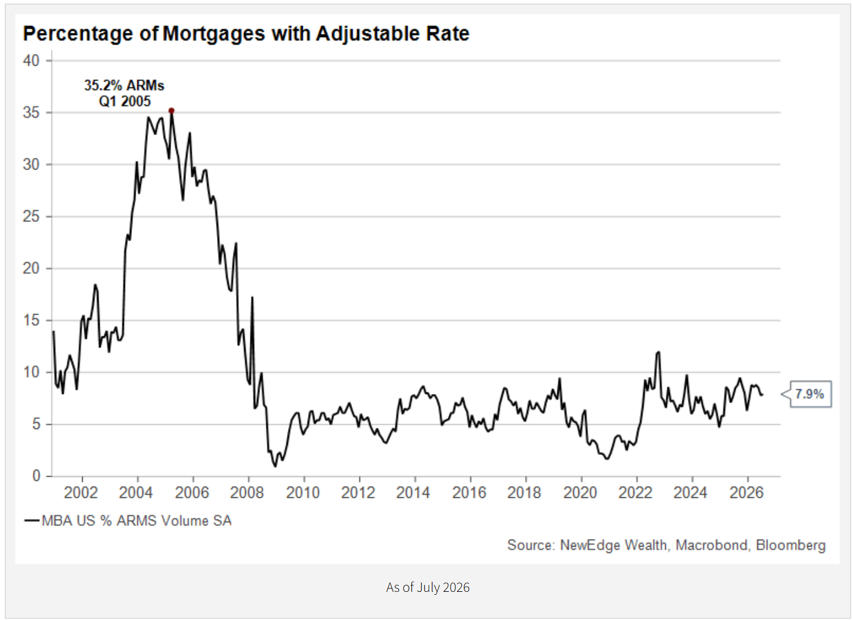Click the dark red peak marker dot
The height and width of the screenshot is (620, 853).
click(171, 111)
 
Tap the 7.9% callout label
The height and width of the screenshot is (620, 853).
click(810, 394)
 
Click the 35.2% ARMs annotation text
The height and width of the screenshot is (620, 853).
click(124, 85)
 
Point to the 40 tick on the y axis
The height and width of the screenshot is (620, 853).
click(31, 60)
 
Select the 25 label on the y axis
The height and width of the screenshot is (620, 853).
click(31, 217)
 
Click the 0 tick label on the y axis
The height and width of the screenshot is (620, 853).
click(36, 476)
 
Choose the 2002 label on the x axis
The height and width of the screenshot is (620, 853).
click(81, 493)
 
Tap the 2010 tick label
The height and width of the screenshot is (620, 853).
click(303, 493)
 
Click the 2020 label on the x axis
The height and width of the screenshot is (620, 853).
click(580, 493)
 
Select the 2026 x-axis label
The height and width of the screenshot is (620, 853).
click(746, 493)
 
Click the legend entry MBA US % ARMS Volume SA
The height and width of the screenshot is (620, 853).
click(128, 521)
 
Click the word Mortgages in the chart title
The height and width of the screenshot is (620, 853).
click(214, 34)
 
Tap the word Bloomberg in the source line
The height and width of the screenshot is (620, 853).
click(791, 545)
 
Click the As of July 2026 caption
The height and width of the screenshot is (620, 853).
click(428, 587)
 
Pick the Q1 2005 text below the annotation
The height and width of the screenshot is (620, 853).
click(124, 102)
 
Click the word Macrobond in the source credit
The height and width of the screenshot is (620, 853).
click(711, 545)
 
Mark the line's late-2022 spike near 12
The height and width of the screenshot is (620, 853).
click(658, 352)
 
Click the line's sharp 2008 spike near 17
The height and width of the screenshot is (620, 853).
click(252, 298)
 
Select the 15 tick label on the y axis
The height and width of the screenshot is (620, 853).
click(31, 320)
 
